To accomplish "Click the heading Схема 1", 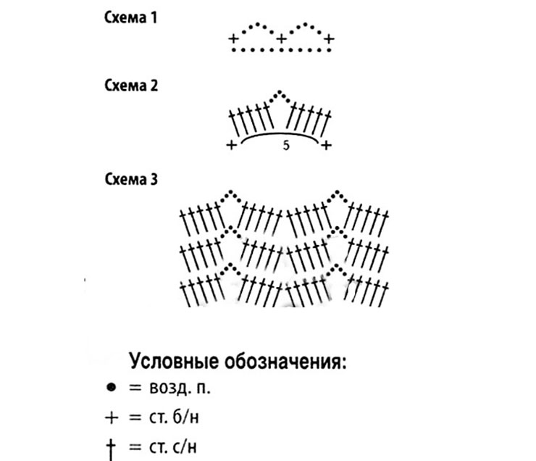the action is click(130, 18).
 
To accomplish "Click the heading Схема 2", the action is click(131, 86).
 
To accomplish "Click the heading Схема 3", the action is click(131, 179).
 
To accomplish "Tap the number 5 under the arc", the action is click(286, 146).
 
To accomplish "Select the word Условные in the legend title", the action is click(175, 361).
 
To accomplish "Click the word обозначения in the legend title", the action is click(285, 362).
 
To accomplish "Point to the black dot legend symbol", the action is click(112, 388).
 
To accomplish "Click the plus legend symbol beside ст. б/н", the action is click(112, 418).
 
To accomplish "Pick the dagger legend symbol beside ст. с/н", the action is click(111, 449).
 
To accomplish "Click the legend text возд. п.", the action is click(180, 388).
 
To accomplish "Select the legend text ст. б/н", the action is click(174, 418).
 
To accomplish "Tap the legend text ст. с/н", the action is click(173, 447).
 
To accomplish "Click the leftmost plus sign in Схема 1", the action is click(233, 38).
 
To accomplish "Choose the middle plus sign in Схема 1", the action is click(281, 38).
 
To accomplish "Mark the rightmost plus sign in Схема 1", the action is click(329, 38).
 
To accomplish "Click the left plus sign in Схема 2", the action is click(232, 146).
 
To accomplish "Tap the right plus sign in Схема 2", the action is click(327, 146).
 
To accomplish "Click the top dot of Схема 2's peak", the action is click(280, 92).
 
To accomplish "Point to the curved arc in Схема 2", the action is click(280, 133).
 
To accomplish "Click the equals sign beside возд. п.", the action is click(135, 388).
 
